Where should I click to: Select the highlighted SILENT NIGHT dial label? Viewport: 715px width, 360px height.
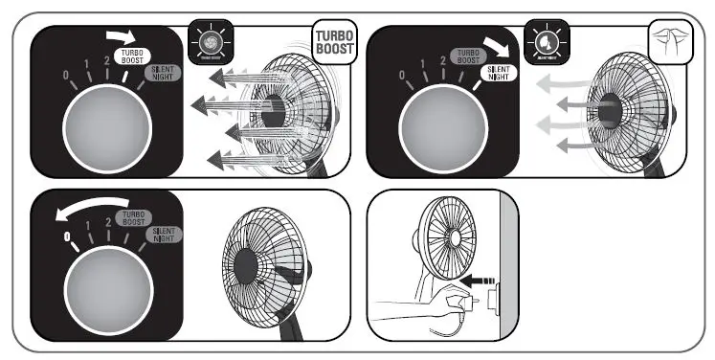[x=499, y=72]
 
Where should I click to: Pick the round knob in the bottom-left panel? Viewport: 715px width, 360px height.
[x=105, y=288]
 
